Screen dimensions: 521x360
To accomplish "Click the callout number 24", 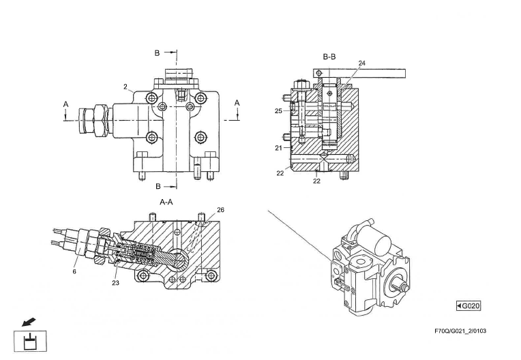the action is tap(362, 63).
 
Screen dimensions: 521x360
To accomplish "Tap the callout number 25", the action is tap(278, 111).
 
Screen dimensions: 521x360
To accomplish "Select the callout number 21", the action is tap(278, 148).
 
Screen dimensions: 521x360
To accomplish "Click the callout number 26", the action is tap(221, 210).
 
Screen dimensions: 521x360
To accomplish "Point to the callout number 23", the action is tap(115, 283).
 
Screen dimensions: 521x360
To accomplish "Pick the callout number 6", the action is tap(74, 271).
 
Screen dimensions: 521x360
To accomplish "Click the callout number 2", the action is tap(125, 87).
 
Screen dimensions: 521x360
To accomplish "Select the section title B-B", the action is tap(329, 57).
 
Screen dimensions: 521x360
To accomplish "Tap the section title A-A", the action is tap(166, 202).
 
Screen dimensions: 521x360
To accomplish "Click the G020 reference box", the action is tap(468, 305).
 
